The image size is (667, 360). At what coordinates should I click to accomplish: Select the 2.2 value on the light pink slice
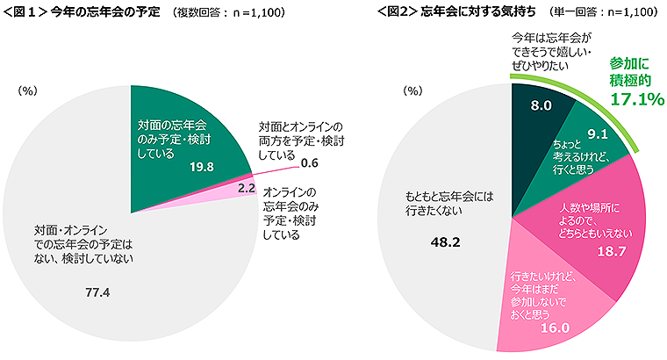(x=247, y=187)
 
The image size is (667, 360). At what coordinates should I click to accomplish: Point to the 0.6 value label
(x=308, y=163)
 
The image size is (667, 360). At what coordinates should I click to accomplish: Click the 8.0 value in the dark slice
(x=541, y=105)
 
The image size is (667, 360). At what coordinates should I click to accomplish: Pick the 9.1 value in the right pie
(x=599, y=134)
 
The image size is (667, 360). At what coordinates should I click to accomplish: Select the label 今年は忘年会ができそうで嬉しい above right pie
(x=546, y=52)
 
